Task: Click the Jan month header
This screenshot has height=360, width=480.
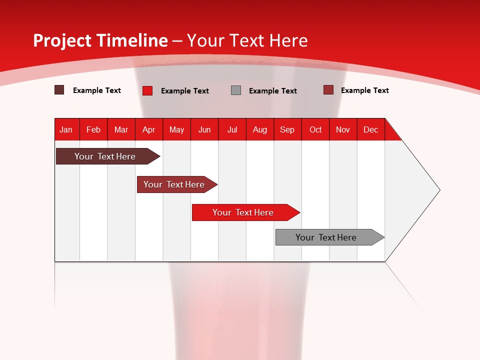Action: pyautogui.click(x=66, y=129)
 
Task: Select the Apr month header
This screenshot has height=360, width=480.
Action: pyautogui.click(x=148, y=129)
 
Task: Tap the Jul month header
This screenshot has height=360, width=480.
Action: pyautogui.click(x=232, y=129)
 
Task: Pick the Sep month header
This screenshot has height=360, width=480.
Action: pyautogui.click(x=287, y=129)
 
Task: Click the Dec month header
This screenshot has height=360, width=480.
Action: pyautogui.click(x=370, y=129)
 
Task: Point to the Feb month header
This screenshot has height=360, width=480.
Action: pyautogui.click(x=93, y=129)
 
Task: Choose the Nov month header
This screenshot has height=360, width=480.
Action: pyautogui.click(x=342, y=129)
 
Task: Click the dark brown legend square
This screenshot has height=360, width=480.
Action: pyautogui.click(x=59, y=90)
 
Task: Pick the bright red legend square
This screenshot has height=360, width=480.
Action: pyautogui.click(x=147, y=90)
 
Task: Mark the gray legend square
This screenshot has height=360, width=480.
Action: pyautogui.click(x=236, y=90)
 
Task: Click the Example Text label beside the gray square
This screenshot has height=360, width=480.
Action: pyautogui.click(x=272, y=91)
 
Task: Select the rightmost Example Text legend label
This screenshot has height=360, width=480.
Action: pyautogui.click(x=364, y=90)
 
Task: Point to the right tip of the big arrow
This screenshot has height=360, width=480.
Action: pyautogui.click(x=438, y=190)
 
